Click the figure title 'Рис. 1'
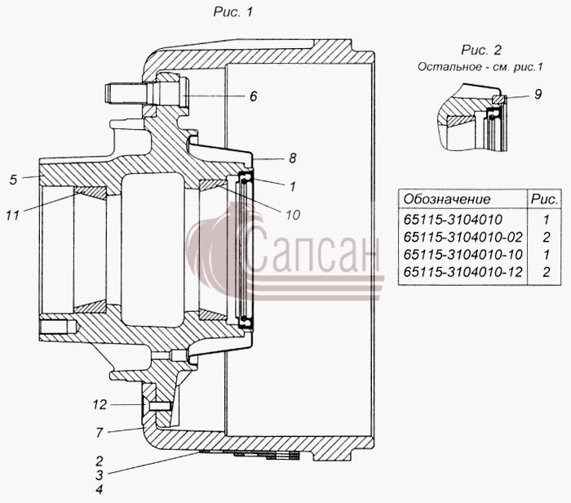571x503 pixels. coord(232,12)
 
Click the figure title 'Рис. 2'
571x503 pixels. coord(481,50)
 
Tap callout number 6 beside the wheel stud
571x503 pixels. coord(254,96)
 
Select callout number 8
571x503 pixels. coord(292,158)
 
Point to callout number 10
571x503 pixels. coord(292,215)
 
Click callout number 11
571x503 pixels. coord(12,216)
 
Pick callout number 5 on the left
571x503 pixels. coord(14,180)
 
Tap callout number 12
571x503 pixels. coord(100,404)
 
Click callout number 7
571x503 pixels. coord(100,433)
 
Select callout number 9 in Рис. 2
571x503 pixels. coord(538,95)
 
